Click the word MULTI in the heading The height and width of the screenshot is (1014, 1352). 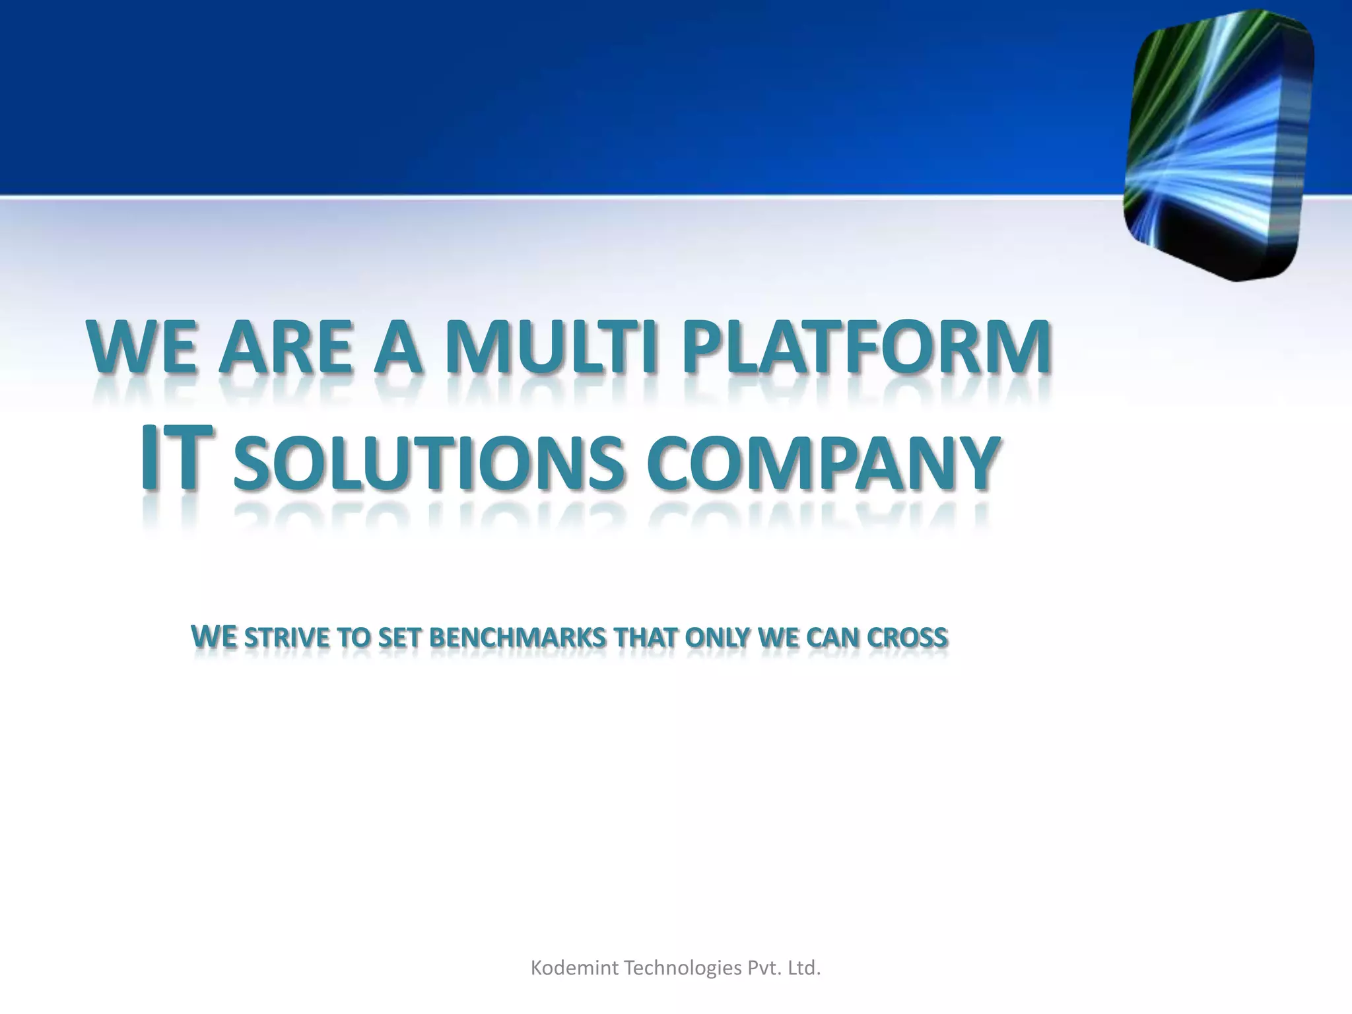[x=551, y=348]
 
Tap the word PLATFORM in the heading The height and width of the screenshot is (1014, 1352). [x=866, y=348]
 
